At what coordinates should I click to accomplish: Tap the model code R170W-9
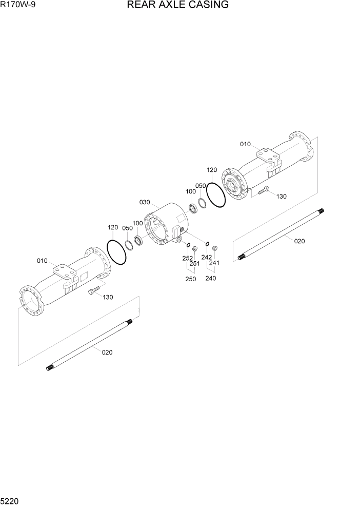pyautogui.click(x=18, y=6)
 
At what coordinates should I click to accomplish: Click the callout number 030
pyautogui.click(x=145, y=203)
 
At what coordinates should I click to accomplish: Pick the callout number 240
pyautogui.click(x=210, y=278)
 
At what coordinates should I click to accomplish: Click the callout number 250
pyautogui.click(x=190, y=279)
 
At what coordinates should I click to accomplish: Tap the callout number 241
pyautogui.click(x=214, y=263)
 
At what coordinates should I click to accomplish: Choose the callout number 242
pyautogui.click(x=206, y=257)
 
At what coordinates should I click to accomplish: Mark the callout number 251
pyautogui.click(x=194, y=264)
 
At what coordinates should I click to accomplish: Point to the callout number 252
pyautogui.click(x=188, y=258)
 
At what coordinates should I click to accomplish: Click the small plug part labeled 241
pyautogui.click(x=215, y=249)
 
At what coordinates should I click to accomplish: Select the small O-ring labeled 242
pyautogui.click(x=207, y=244)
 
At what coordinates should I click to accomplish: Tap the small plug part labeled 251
pyautogui.click(x=195, y=250)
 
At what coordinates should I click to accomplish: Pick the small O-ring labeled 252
pyautogui.click(x=188, y=244)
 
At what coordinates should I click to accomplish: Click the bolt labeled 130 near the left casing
pyautogui.click(x=93, y=291)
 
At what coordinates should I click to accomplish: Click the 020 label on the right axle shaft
pyautogui.click(x=299, y=241)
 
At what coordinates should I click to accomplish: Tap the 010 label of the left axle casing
pyautogui.click(x=42, y=261)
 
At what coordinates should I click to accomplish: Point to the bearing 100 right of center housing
pyautogui.click(x=194, y=208)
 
